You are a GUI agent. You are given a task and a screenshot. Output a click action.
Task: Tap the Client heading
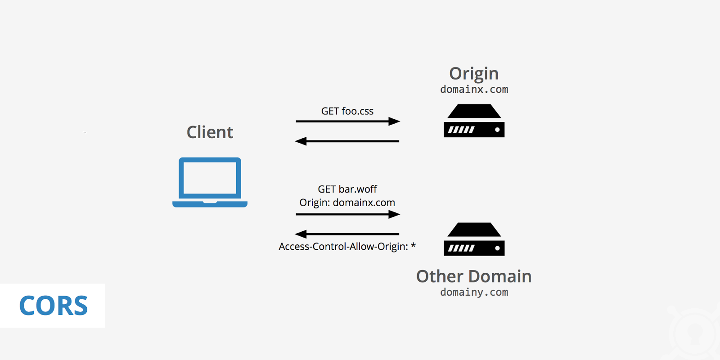pyautogui.click(x=210, y=132)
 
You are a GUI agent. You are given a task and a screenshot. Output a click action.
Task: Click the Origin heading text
pyautogui.click(x=474, y=73)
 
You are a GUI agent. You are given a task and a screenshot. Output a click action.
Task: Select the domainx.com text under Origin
pyautogui.click(x=474, y=89)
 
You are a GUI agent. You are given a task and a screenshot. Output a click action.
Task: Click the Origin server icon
pyautogui.click(x=474, y=121)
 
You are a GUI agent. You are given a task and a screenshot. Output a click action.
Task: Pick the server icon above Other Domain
pyautogui.click(x=474, y=239)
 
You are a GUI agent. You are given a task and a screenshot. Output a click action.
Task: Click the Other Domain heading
pyautogui.click(x=474, y=276)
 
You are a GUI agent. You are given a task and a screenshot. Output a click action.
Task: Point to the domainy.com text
pyautogui.click(x=474, y=292)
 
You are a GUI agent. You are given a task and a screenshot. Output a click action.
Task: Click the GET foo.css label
pyautogui.click(x=347, y=111)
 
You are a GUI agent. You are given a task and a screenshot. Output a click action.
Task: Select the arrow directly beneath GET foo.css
pyautogui.click(x=347, y=121)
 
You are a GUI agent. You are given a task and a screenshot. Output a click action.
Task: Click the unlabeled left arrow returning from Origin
pyautogui.click(x=347, y=141)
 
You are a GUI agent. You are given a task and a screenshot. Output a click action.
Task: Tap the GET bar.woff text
pyautogui.click(x=347, y=189)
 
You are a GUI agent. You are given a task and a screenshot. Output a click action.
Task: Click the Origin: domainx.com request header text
pyautogui.click(x=347, y=202)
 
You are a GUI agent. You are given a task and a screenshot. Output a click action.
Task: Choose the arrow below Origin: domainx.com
pyautogui.click(x=347, y=215)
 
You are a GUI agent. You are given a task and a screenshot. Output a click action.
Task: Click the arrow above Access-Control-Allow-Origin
pyautogui.click(x=347, y=234)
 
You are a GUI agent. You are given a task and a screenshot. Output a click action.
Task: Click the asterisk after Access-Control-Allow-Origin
pyautogui.click(x=413, y=245)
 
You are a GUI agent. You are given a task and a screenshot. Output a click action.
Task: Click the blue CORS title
pyautogui.click(x=53, y=306)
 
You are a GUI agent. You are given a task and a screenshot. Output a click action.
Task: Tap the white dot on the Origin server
pyautogui.click(x=497, y=130)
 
